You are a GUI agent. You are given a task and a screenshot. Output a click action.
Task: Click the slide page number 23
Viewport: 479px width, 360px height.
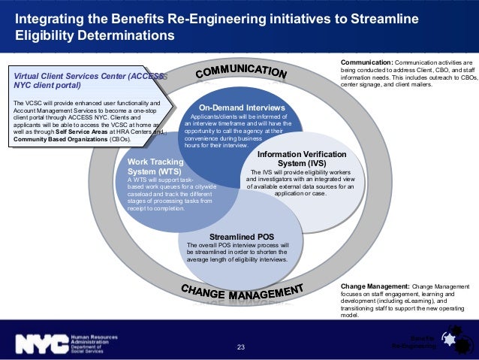pos(241,347)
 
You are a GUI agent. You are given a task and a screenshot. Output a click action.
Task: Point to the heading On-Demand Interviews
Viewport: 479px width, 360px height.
pos(242,108)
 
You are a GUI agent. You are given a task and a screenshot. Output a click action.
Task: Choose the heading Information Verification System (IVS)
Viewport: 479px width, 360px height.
pos(291,159)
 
